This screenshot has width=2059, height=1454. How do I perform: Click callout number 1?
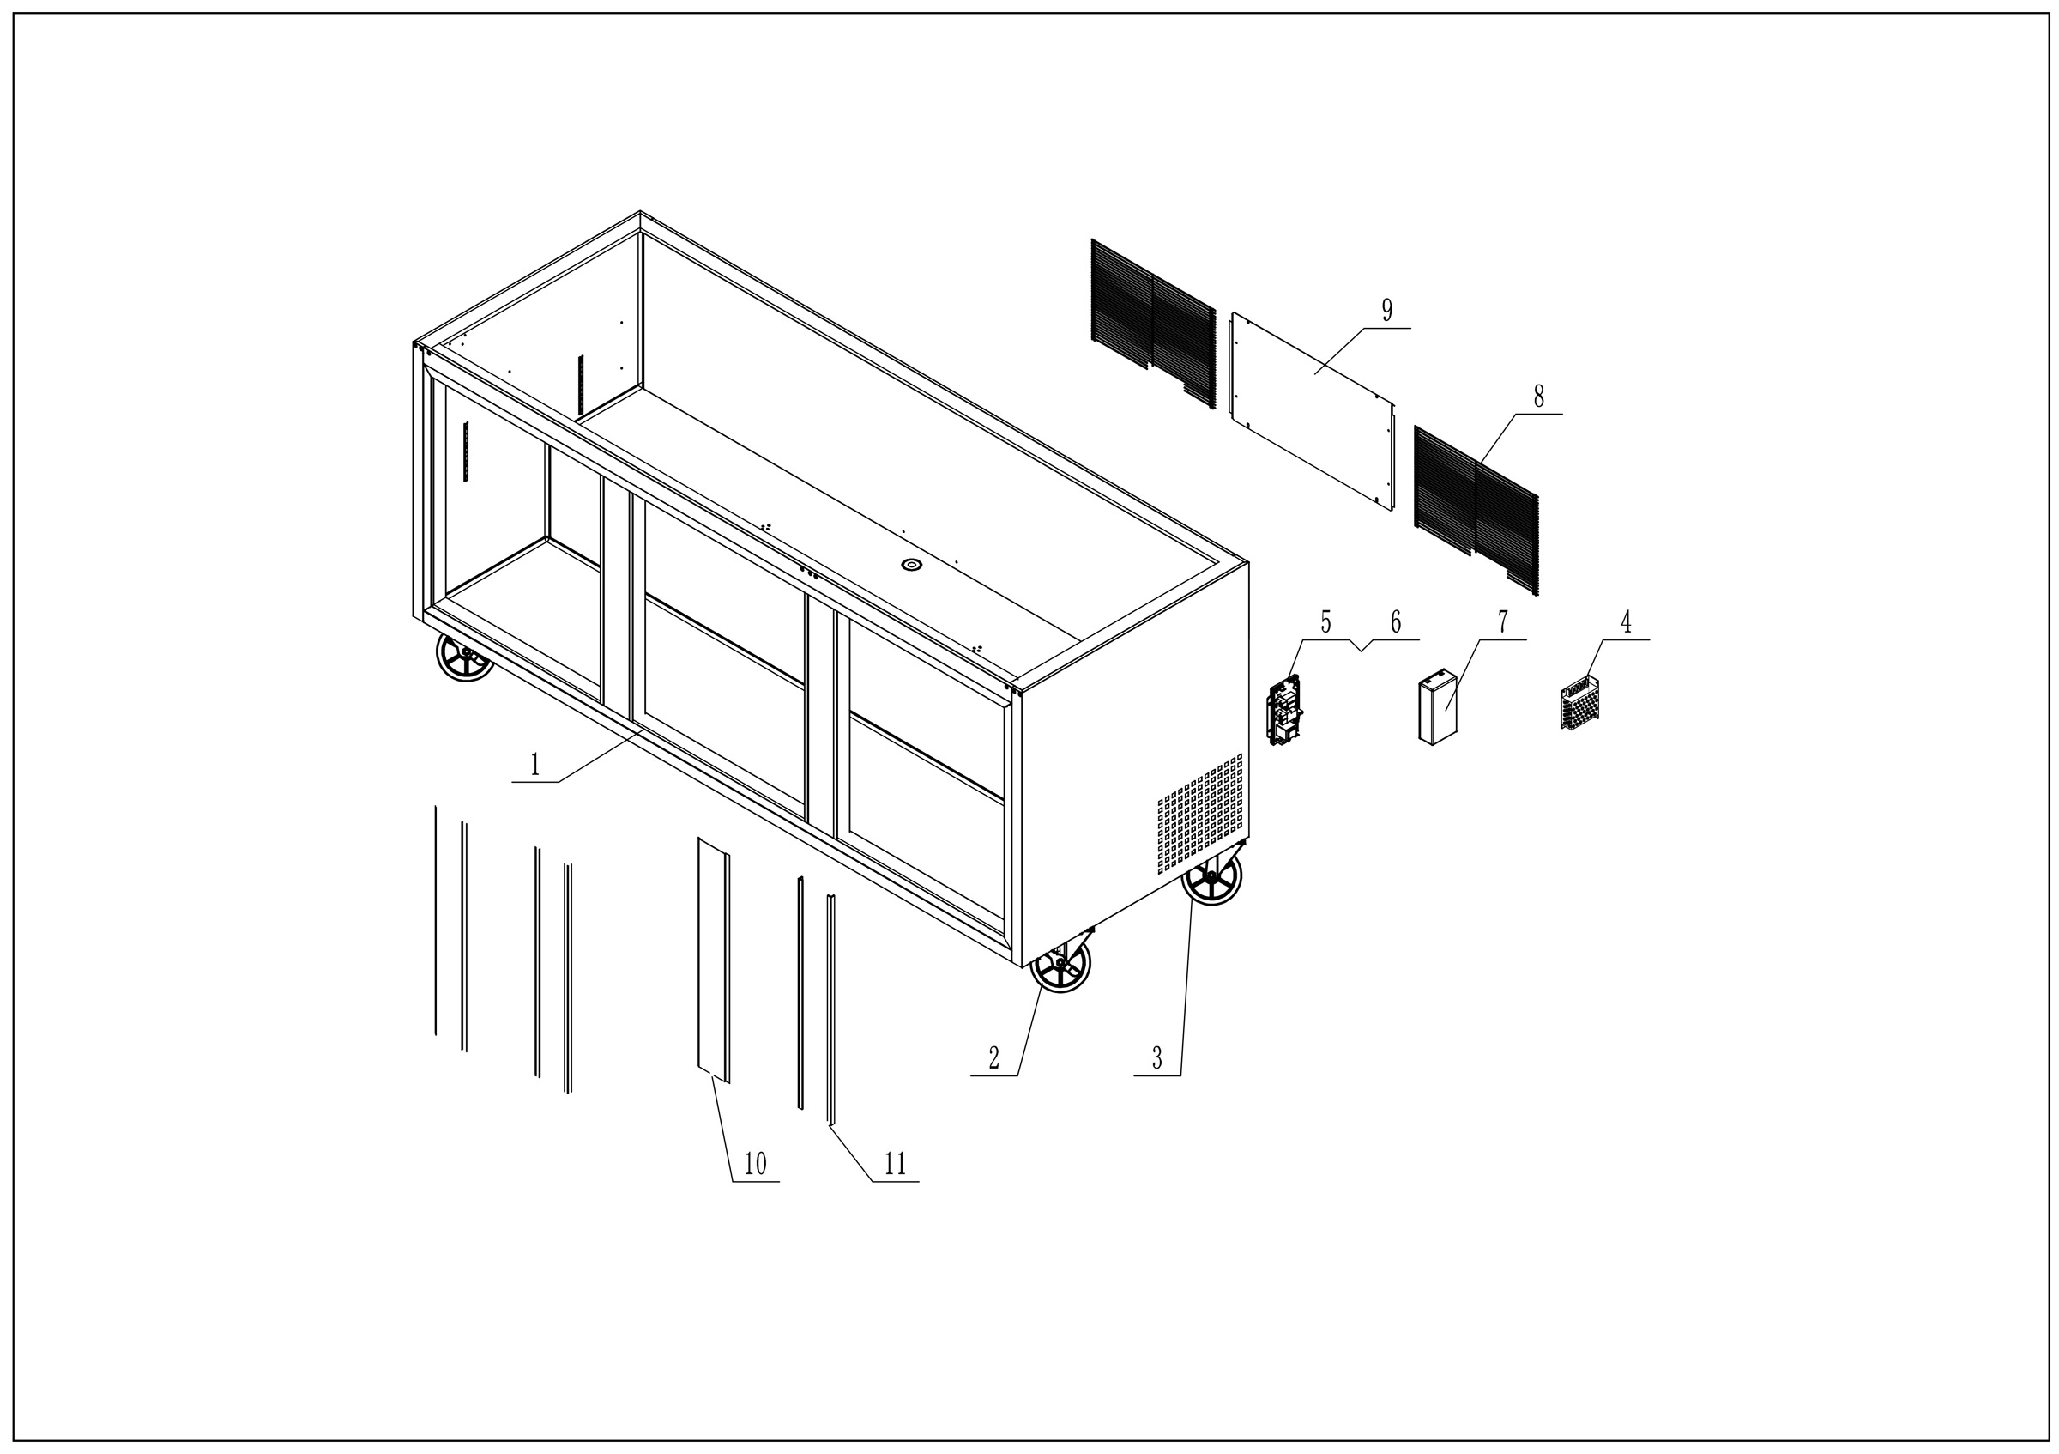535,764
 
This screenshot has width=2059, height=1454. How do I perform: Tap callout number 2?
993,1058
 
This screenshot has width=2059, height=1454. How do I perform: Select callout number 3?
1156,1058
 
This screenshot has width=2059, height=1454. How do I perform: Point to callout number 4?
1626,621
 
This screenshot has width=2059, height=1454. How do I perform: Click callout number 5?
1325,621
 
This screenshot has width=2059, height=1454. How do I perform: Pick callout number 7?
1502,621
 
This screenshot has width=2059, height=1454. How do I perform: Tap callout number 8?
1539,397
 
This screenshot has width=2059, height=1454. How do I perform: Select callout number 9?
1387,311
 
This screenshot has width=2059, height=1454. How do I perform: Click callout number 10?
755,1164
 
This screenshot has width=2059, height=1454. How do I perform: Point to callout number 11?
895,1164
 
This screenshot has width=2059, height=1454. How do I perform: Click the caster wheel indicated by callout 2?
1061,967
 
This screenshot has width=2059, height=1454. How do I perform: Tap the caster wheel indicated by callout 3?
1212,875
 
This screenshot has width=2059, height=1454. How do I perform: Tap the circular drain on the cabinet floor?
912,564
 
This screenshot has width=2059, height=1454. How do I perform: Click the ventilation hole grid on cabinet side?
1200,812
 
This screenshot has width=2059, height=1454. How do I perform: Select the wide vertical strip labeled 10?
713,960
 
